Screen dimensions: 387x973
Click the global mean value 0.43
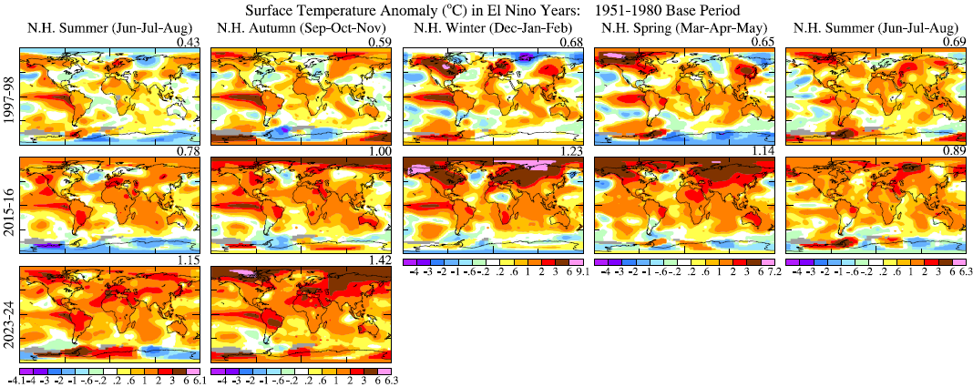[x=188, y=43]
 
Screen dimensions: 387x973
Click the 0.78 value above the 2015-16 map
[x=188, y=152]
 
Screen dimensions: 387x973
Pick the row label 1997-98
[x=8, y=95]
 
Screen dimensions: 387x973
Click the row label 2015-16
[x=8, y=204]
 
